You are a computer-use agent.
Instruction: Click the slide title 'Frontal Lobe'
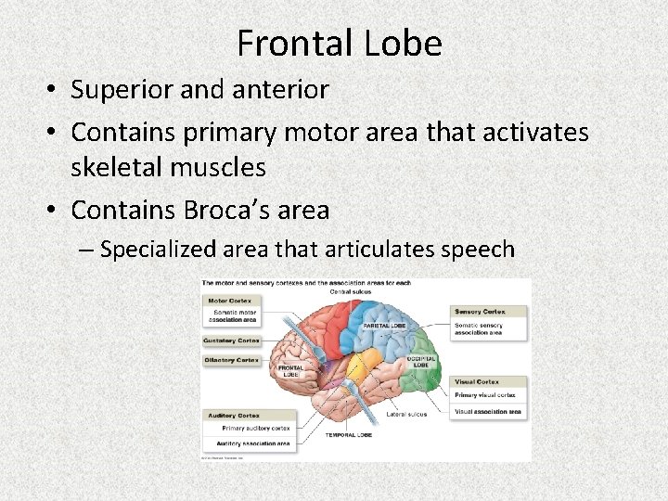[340, 43]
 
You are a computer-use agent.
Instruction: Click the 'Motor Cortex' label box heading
[229, 301]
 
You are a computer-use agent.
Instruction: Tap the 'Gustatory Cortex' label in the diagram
[232, 340]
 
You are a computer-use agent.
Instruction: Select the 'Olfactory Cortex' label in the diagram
[232, 360]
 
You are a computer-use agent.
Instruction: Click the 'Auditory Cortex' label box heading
[234, 416]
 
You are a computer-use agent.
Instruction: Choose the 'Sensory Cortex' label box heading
[479, 311]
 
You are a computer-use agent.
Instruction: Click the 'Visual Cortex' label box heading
[477, 381]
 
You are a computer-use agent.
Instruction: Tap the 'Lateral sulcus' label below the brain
[407, 414]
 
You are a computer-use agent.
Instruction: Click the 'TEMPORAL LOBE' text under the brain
[348, 434]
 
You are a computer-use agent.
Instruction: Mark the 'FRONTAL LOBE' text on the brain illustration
[289, 370]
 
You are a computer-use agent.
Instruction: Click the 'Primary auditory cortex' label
[256, 429]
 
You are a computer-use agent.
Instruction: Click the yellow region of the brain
[371, 362]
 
